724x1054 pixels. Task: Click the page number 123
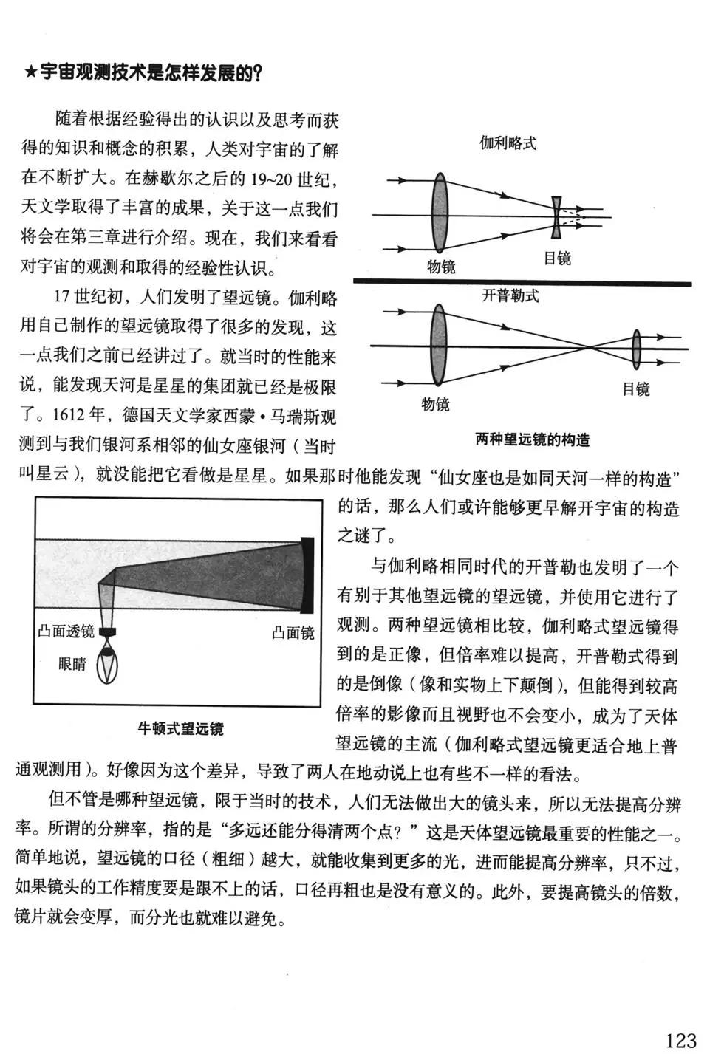[x=680, y=1040]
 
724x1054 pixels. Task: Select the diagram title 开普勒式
[x=510, y=295]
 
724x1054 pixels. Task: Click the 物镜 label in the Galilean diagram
[x=442, y=267]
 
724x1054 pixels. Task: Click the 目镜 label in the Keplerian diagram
[x=636, y=389]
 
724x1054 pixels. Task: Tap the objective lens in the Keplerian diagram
[x=439, y=345]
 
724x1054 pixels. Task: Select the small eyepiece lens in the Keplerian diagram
[x=637, y=349]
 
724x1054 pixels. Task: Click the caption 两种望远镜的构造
[x=532, y=440]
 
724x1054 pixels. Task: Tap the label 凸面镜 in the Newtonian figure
[x=293, y=633]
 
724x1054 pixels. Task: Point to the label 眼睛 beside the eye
[x=72, y=664]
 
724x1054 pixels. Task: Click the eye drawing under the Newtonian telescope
[x=109, y=662]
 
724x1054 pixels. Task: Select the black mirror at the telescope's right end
[x=307, y=575]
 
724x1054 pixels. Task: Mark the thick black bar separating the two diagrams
[x=522, y=283]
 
